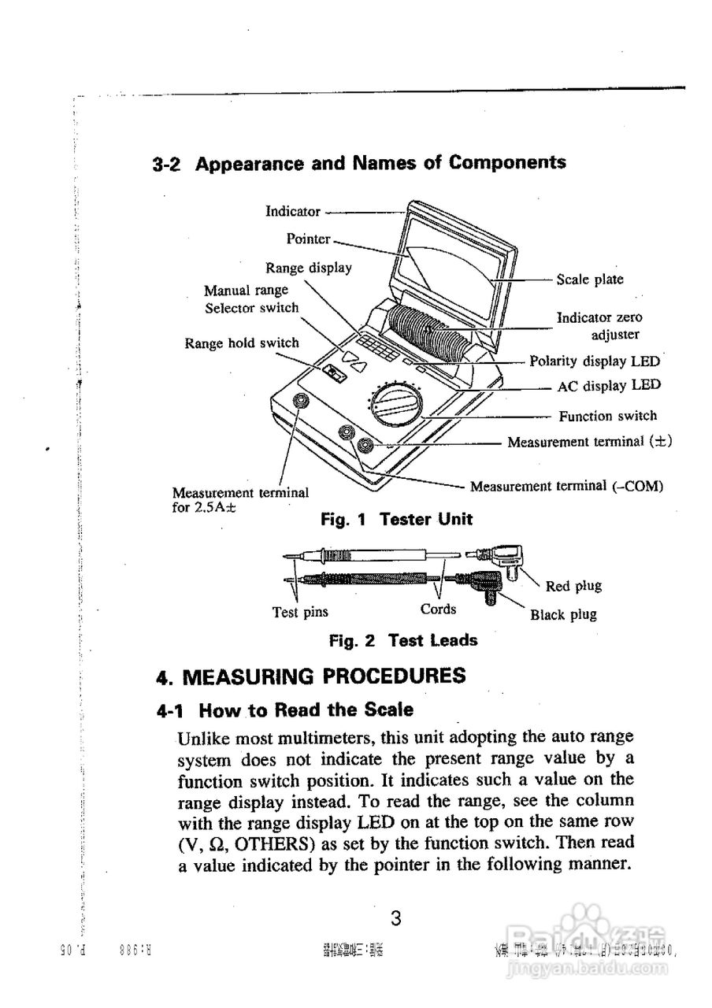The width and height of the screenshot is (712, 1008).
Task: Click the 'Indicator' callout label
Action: (x=293, y=211)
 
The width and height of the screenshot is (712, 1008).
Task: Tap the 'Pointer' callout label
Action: (x=308, y=239)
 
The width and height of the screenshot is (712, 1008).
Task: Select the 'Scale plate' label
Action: (x=589, y=279)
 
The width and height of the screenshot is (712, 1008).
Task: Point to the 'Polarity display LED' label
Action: (x=595, y=361)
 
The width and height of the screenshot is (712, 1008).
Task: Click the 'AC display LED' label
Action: (x=609, y=386)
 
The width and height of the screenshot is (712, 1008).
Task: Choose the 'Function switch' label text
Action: (x=607, y=416)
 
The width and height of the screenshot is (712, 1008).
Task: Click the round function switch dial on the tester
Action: (x=395, y=406)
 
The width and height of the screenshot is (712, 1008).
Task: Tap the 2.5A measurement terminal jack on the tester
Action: (x=300, y=402)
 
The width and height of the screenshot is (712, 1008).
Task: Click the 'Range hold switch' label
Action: (x=242, y=343)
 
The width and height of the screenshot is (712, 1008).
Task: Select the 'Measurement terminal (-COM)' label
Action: (x=566, y=487)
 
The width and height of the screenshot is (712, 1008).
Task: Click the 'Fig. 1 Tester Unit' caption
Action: (x=396, y=519)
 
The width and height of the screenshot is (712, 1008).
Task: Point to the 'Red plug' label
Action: (x=573, y=586)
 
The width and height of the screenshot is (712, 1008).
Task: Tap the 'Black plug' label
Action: (x=563, y=614)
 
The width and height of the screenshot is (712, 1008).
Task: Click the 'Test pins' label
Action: (x=300, y=612)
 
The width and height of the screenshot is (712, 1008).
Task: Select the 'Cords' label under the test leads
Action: (x=438, y=609)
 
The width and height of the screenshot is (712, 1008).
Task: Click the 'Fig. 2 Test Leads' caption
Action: (x=402, y=640)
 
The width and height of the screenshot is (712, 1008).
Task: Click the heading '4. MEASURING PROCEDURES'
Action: (x=310, y=676)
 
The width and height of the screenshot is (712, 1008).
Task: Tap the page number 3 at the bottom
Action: (x=396, y=919)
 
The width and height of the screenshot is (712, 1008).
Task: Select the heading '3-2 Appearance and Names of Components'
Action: (x=359, y=163)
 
